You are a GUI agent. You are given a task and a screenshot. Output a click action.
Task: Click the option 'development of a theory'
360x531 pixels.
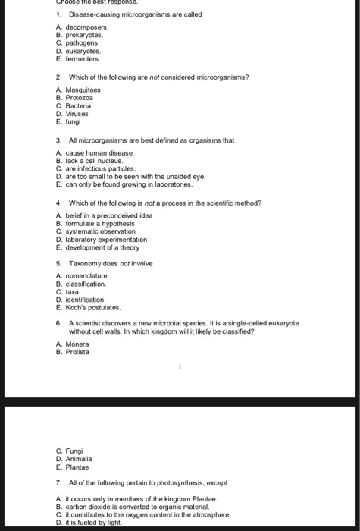107,247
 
